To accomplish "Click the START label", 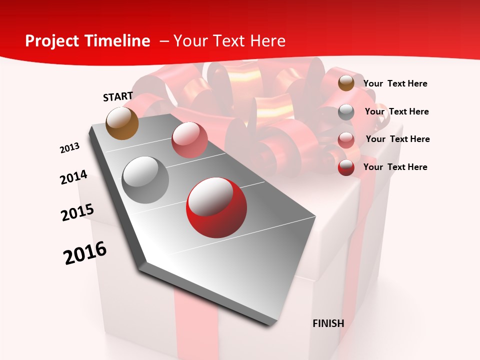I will [118, 96].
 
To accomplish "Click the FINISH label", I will [328, 323].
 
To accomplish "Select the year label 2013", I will [70, 148].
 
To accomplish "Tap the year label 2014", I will [73, 177].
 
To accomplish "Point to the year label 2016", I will [85, 253].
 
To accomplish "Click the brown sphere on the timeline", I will [122, 123].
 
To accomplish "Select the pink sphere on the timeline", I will [189, 140].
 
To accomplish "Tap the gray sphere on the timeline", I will [145, 180].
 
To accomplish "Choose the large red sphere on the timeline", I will [216, 207].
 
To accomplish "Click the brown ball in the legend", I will [346, 83].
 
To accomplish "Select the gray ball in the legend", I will [346, 111].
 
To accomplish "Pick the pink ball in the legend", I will [346, 139].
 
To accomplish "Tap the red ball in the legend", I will [346, 167].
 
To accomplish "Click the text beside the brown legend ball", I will [395, 83].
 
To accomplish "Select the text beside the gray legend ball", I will [396, 111].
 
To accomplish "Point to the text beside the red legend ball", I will [395, 167].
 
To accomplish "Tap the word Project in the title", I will [52, 41].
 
